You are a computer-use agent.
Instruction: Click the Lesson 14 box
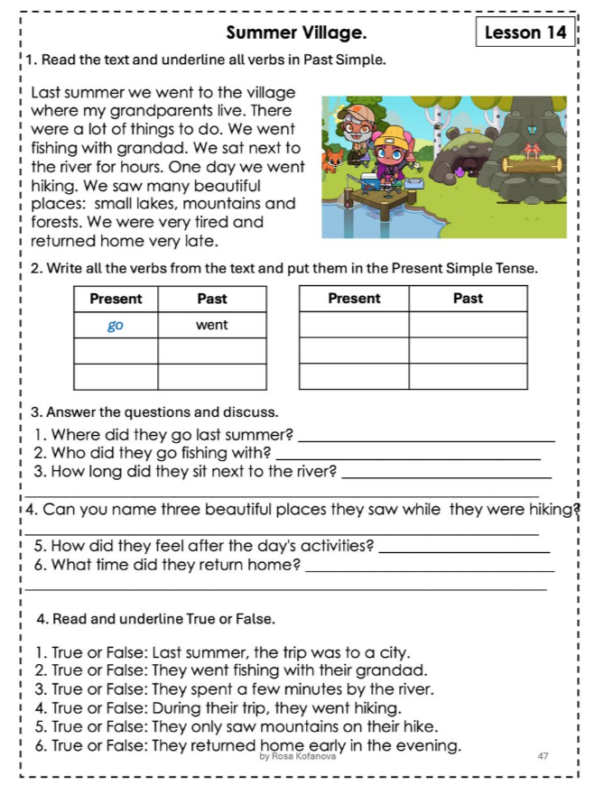tap(524, 32)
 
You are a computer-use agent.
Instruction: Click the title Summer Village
tap(296, 33)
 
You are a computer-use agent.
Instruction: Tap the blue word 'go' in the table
tap(116, 325)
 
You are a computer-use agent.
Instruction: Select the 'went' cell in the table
tap(212, 325)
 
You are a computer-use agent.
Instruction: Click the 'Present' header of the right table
tap(354, 299)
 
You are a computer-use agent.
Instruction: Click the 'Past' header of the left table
tap(212, 299)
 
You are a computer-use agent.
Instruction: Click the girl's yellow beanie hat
tap(394, 138)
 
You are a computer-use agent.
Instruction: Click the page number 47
tap(543, 756)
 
